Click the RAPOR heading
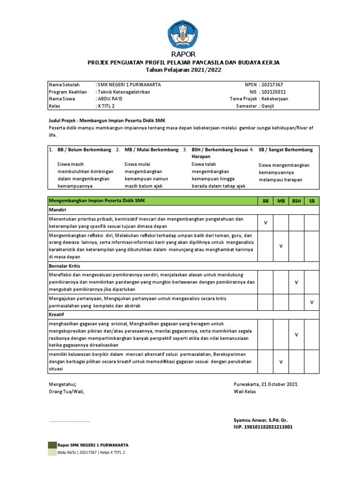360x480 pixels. pyautogui.click(x=180, y=54)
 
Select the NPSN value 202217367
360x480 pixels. pyautogui.click(x=274, y=84)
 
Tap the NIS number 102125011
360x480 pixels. pyautogui.click(x=274, y=92)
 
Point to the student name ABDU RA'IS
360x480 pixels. pyautogui.click(x=110, y=99)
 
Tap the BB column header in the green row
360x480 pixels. pyautogui.click(x=265, y=201)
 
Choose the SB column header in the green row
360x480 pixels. pyautogui.click(x=311, y=201)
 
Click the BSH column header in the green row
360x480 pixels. pyautogui.click(x=296, y=201)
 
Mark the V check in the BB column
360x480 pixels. pyautogui.click(x=265, y=223)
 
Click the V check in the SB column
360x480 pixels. pyautogui.click(x=311, y=303)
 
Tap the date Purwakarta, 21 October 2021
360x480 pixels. pyautogui.click(x=265, y=384)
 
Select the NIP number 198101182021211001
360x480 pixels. pyautogui.click(x=263, y=427)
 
